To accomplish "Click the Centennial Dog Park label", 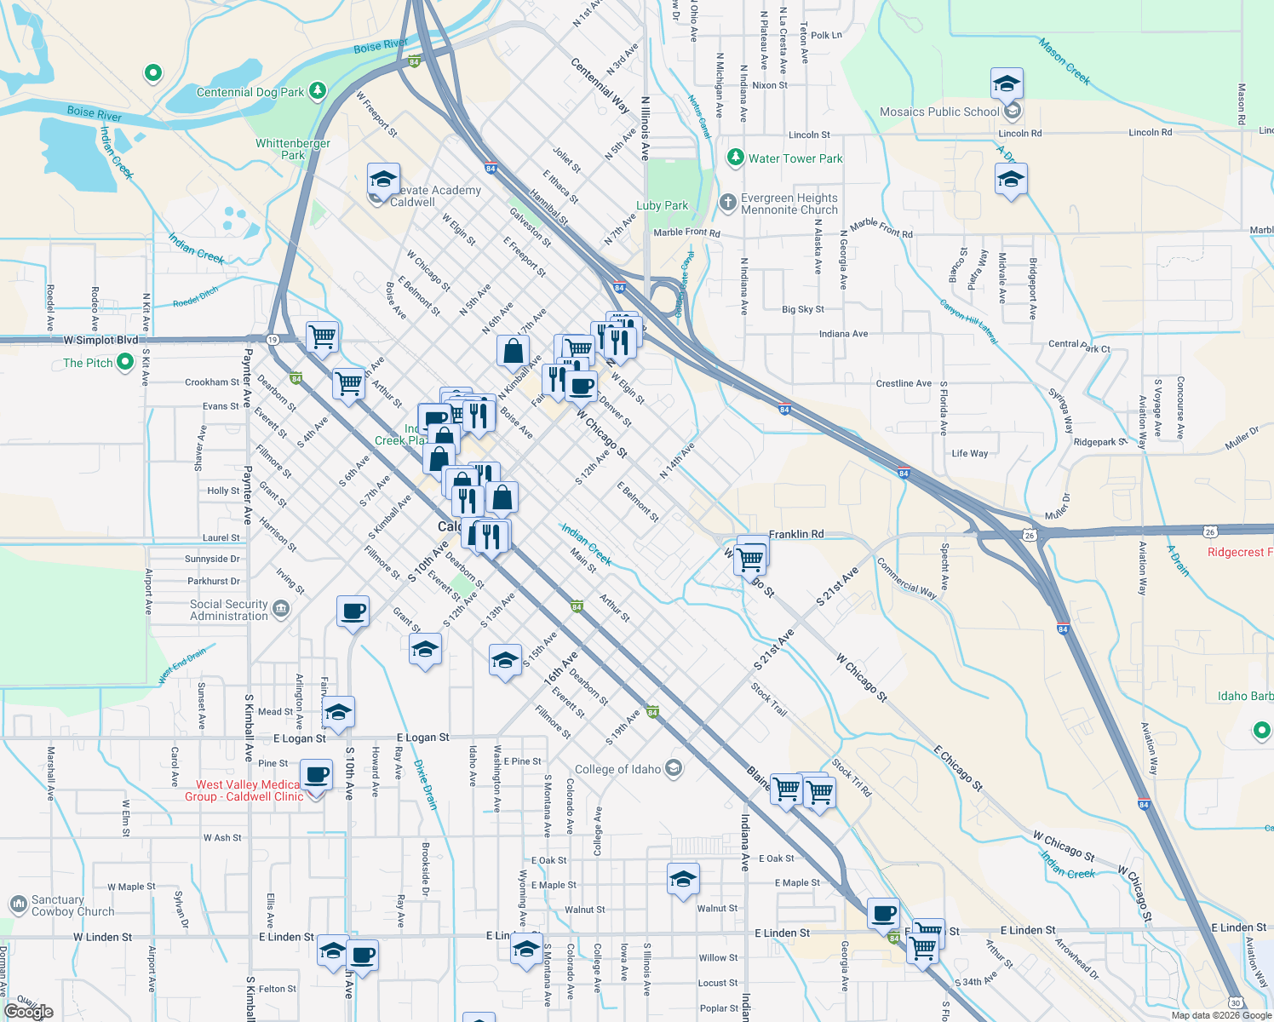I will click(250, 92).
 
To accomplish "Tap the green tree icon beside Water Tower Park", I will click(735, 158).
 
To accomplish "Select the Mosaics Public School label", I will click(939, 112).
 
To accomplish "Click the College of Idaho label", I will click(617, 769).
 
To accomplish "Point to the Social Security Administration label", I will click(229, 610).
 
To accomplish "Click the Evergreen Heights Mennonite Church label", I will click(789, 204).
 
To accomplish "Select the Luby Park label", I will click(662, 205).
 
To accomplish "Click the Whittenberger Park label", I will click(293, 149).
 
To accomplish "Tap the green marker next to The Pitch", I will click(125, 362).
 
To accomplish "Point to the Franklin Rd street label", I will click(796, 534).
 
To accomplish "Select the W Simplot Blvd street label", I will click(100, 340).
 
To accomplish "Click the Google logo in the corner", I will click(29, 1011).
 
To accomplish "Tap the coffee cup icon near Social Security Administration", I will click(353, 611).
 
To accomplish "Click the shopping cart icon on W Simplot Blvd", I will click(322, 336).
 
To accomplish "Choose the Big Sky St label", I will click(803, 309).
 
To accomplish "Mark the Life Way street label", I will click(970, 453).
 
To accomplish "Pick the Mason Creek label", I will click(1064, 60).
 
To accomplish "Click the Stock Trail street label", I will click(769, 698).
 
